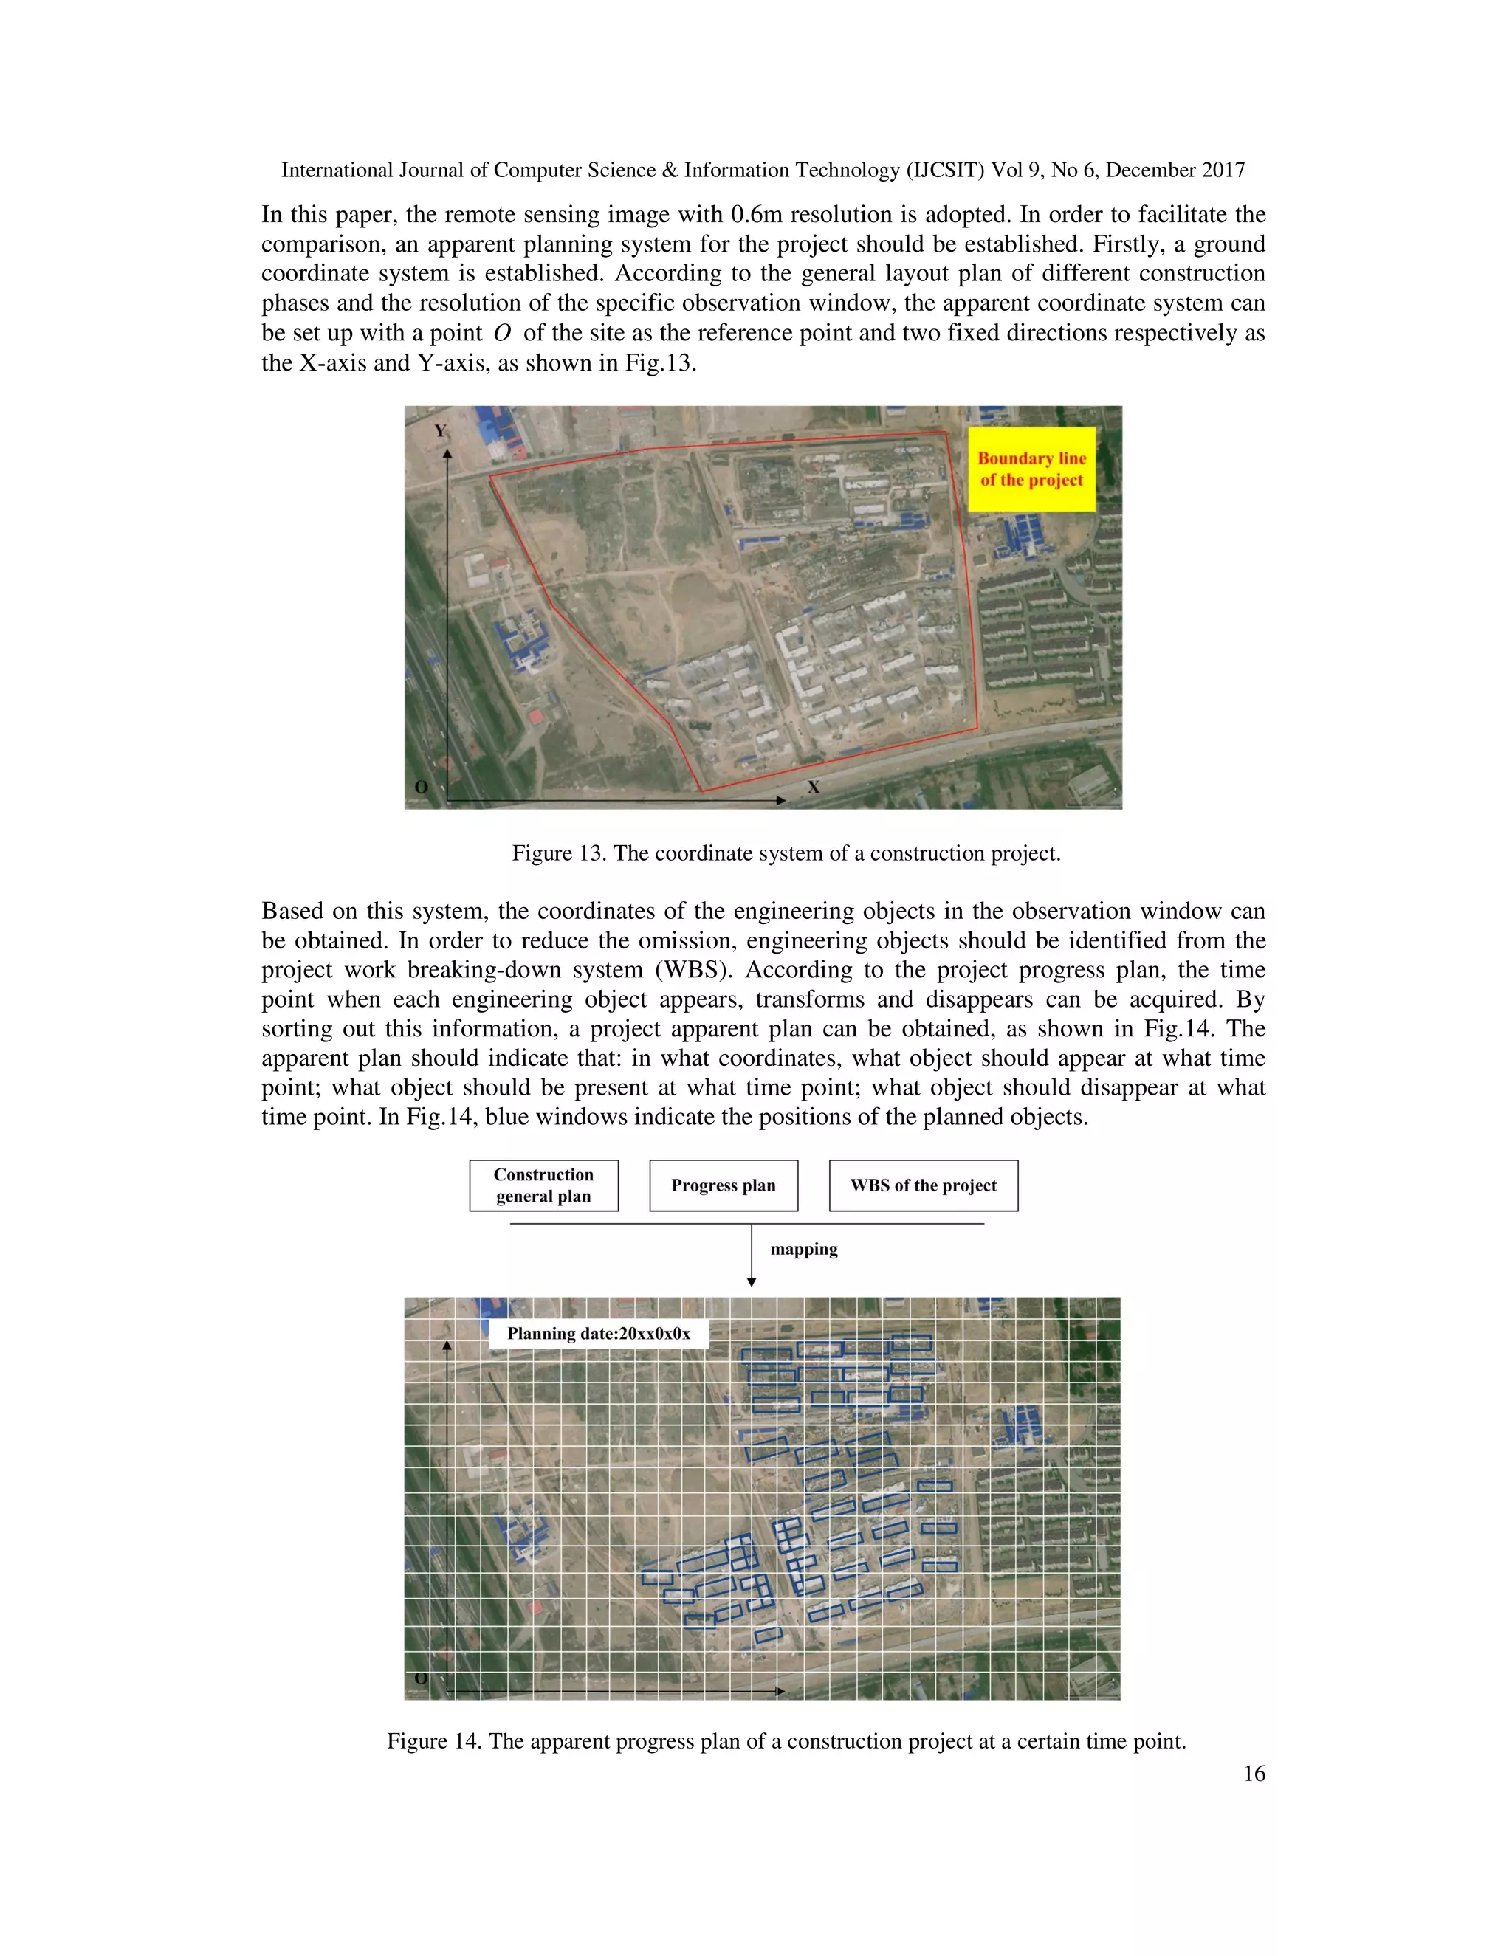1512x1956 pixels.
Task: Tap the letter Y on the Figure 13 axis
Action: (440, 431)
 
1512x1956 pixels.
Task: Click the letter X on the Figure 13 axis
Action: (814, 788)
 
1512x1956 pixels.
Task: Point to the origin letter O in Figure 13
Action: (421, 788)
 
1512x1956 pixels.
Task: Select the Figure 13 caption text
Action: (786, 853)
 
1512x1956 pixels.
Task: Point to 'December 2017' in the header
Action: (1175, 171)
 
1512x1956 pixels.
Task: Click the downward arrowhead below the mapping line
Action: (752, 1283)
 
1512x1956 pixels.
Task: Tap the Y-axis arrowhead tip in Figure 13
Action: (447, 452)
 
